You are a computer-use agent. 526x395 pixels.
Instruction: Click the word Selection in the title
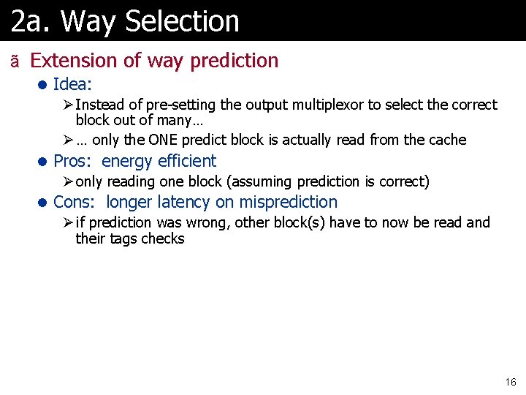tap(182, 21)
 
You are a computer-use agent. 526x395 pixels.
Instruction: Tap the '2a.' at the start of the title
tap(31, 21)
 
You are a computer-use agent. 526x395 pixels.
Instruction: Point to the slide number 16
tap(510, 382)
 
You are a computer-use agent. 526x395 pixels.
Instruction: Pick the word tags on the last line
tap(123, 238)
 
